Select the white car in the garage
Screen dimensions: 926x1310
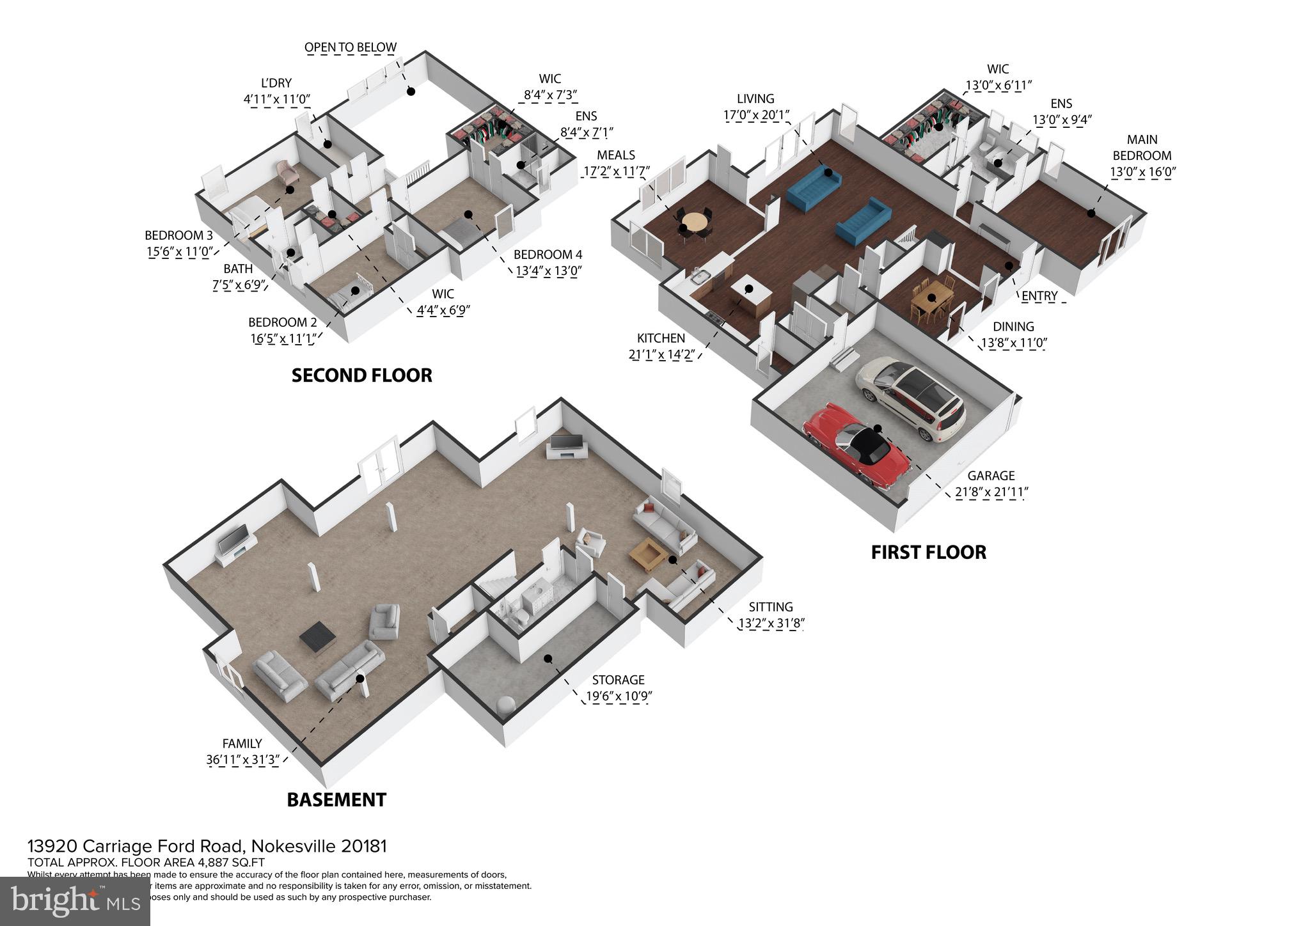point(910,397)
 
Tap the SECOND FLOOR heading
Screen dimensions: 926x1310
point(361,375)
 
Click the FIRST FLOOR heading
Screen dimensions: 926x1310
point(928,553)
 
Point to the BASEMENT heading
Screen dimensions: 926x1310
point(336,800)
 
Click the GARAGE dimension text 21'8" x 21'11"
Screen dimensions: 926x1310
point(991,492)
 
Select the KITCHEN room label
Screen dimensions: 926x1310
point(661,338)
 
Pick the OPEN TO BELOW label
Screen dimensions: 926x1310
point(350,47)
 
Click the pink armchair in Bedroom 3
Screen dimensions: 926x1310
point(285,171)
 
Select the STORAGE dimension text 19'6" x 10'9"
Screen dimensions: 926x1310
point(618,696)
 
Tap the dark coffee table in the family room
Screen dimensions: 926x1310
point(318,637)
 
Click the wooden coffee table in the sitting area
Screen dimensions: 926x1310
point(647,554)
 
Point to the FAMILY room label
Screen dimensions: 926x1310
point(242,744)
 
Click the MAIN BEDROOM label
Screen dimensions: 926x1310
point(1142,147)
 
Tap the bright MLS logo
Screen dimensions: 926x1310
point(75,901)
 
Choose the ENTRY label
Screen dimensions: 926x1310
point(1039,295)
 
